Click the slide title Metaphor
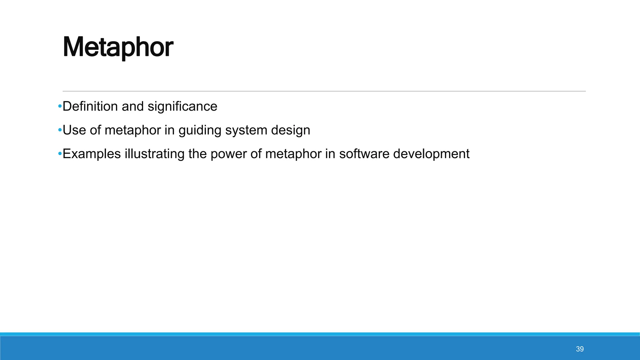(x=118, y=47)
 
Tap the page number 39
(x=580, y=349)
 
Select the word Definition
(x=90, y=107)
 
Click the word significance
(x=182, y=107)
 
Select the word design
(x=291, y=130)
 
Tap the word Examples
(x=92, y=154)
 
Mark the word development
(x=431, y=154)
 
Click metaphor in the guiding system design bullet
(x=133, y=130)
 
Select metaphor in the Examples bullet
(x=293, y=154)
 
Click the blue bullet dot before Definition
(x=60, y=107)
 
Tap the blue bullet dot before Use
(x=60, y=130)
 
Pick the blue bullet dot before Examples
(x=60, y=154)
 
